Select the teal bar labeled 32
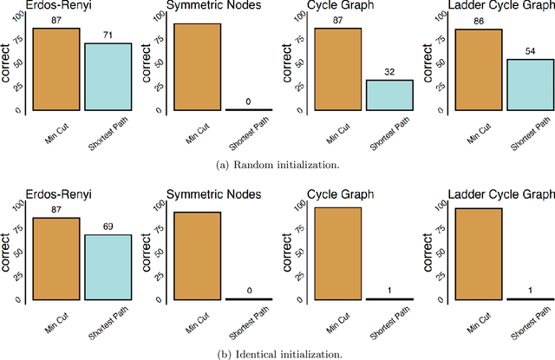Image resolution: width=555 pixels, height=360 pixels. pyautogui.click(x=389, y=95)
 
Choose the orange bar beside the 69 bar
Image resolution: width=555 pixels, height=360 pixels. pyautogui.click(x=56, y=259)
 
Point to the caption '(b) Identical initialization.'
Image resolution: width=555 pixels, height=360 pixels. pyautogui.click(x=277, y=353)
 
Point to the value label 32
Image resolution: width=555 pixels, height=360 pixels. pyautogui.click(x=389, y=73)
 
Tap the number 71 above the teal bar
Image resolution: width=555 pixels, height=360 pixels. pyautogui.click(x=108, y=36)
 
